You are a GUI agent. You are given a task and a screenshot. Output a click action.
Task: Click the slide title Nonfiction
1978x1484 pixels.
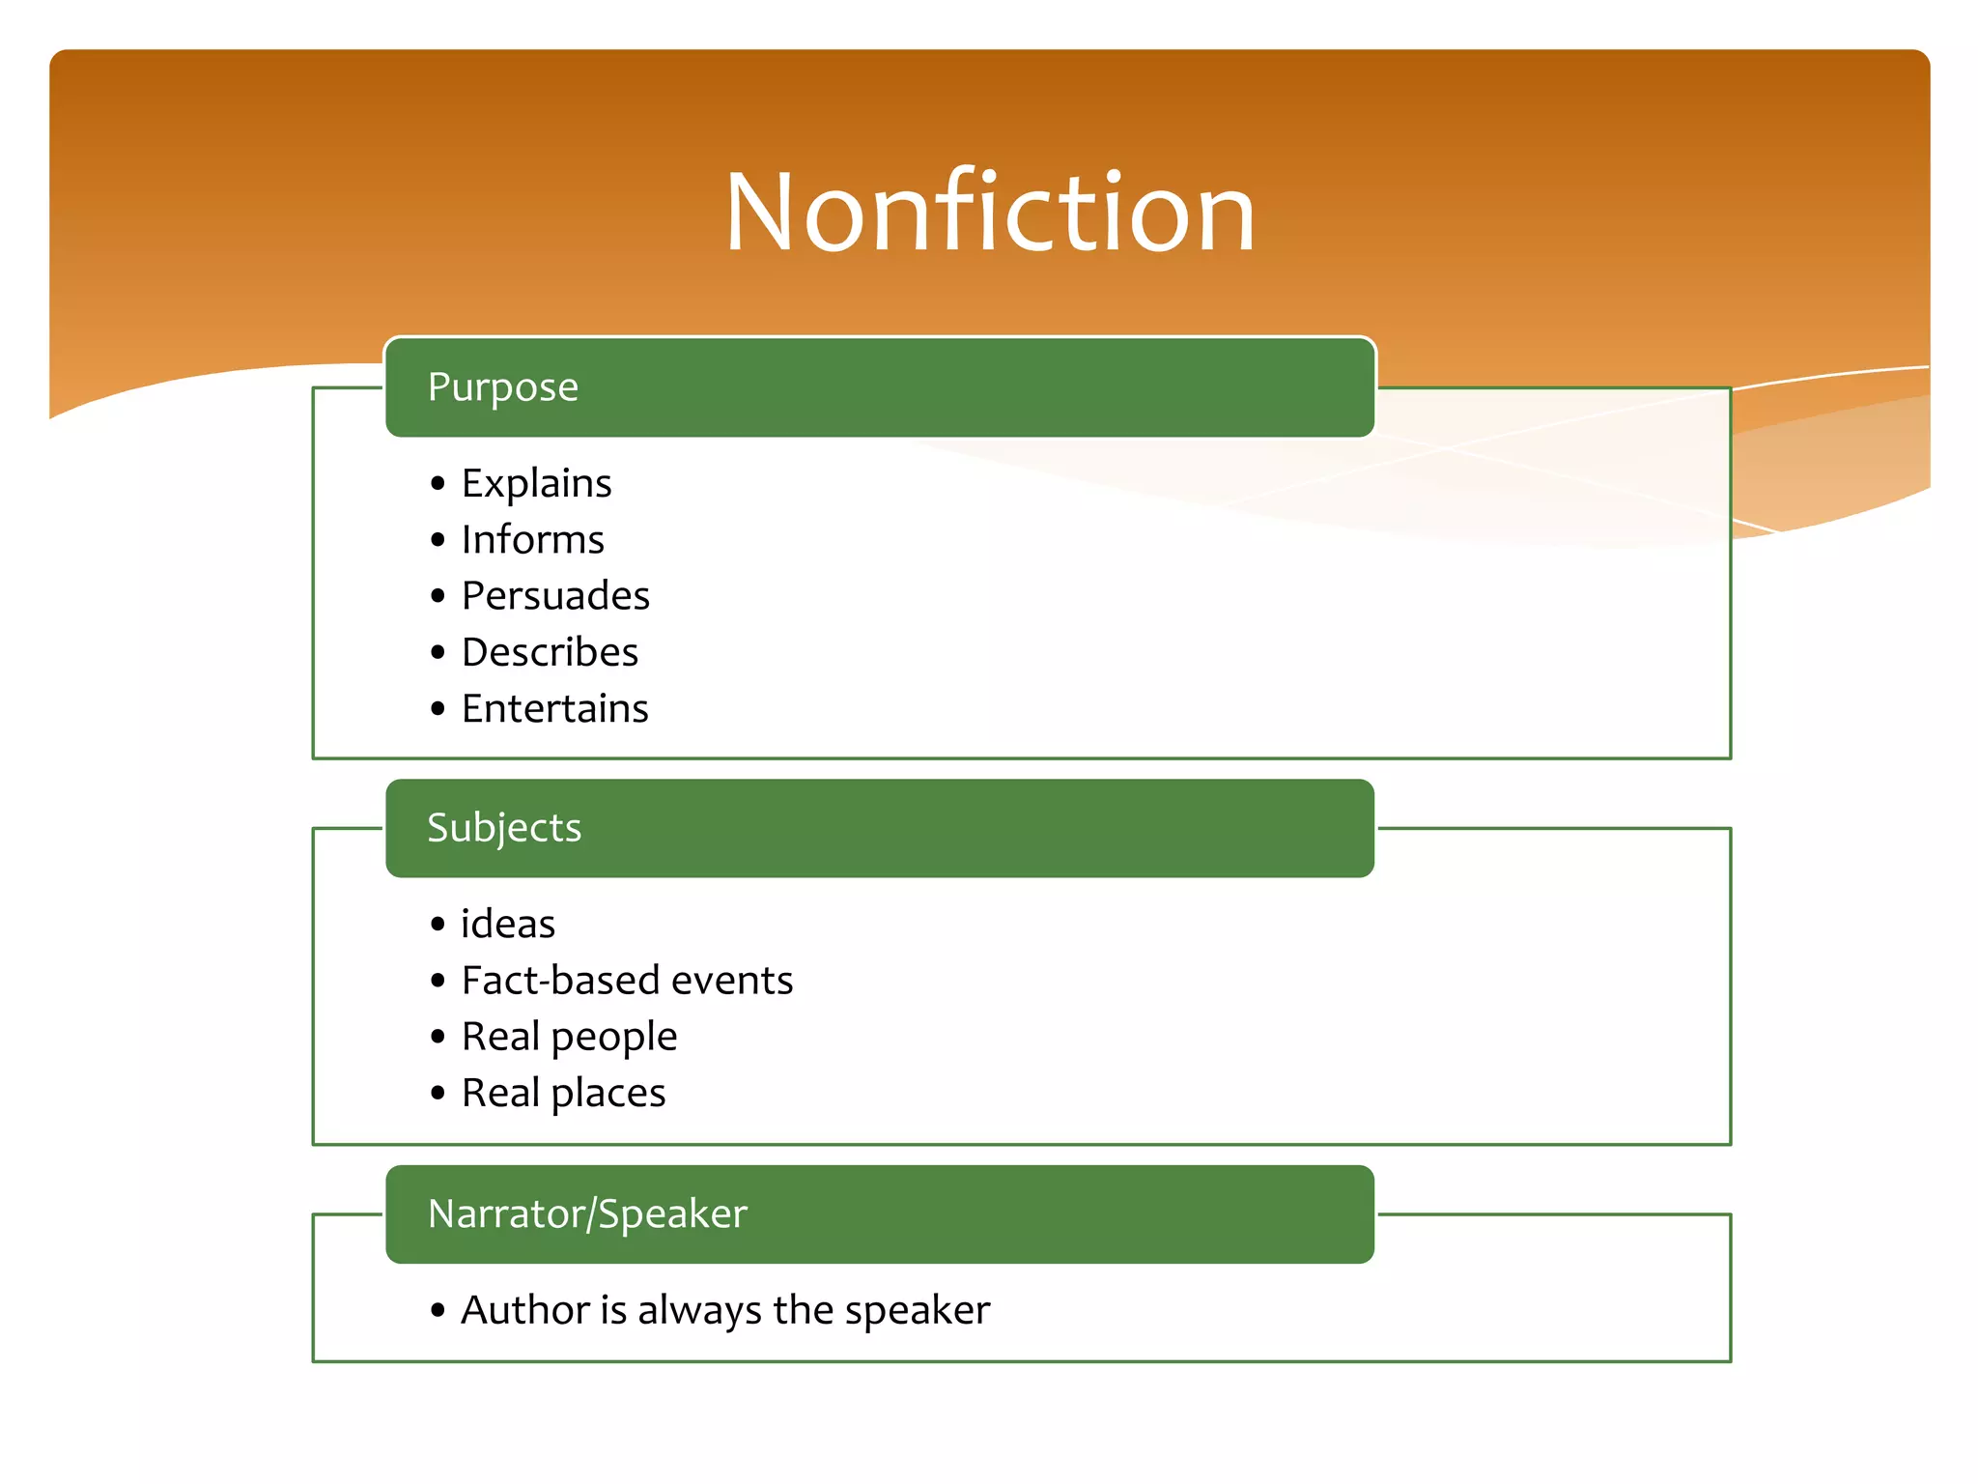click(990, 213)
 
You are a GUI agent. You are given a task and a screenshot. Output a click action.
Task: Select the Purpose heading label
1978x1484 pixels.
click(503, 387)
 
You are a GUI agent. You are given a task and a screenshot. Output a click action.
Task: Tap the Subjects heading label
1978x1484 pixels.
click(504, 828)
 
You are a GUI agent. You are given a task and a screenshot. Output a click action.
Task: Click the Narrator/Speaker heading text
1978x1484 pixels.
click(587, 1214)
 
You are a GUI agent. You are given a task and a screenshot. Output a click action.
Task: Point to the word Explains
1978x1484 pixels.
click(536, 483)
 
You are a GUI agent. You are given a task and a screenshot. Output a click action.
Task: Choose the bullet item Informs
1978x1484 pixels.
click(532, 540)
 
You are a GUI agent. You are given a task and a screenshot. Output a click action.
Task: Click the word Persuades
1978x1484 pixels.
click(555, 596)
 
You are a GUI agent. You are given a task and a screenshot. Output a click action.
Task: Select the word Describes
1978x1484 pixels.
click(550, 652)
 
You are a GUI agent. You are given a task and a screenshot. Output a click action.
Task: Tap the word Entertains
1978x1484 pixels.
click(554, 708)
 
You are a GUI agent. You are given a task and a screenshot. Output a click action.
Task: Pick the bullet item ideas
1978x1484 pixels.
click(508, 925)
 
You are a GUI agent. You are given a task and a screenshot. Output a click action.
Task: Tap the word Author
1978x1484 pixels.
click(525, 1310)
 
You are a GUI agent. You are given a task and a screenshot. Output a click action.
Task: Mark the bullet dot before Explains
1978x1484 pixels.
click(438, 483)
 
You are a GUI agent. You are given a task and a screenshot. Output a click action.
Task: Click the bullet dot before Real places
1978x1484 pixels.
click(438, 1094)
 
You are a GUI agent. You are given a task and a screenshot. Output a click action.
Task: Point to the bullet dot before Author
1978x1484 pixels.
click(438, 1311)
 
